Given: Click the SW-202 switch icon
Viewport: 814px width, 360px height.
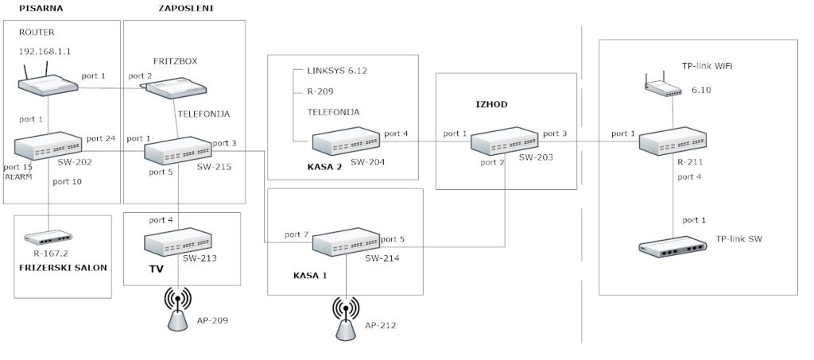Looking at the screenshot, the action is (48, 145).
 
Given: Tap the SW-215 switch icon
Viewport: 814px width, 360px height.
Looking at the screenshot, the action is (178, 150).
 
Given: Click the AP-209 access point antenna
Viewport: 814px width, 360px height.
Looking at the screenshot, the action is (177, 310).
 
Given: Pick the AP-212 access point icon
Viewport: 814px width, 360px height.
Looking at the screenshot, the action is (346, 319).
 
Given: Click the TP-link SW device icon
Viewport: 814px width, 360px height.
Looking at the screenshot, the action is (673, 247).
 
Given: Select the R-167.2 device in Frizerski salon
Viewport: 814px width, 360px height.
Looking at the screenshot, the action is (48, 238).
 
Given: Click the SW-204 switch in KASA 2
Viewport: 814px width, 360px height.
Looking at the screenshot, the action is (347, 141).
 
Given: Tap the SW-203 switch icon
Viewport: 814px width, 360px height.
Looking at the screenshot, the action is (505, 141).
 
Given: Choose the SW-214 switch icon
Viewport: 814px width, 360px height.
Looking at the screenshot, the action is (347, 242).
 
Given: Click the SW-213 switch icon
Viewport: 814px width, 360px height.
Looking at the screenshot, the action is (178, 242).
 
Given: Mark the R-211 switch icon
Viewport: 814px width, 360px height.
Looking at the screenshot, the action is (673, 141).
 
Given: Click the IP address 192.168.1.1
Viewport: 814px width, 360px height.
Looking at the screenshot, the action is (45, 52).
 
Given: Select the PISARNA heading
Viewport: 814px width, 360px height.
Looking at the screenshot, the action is (41, 8).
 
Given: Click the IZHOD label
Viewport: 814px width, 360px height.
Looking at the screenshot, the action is (491, 104).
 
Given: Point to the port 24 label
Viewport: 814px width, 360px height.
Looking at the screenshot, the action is (102, 138).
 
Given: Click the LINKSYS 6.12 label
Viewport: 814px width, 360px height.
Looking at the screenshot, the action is (337, 71).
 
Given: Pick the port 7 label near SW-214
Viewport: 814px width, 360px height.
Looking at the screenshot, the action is (297, 235).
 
